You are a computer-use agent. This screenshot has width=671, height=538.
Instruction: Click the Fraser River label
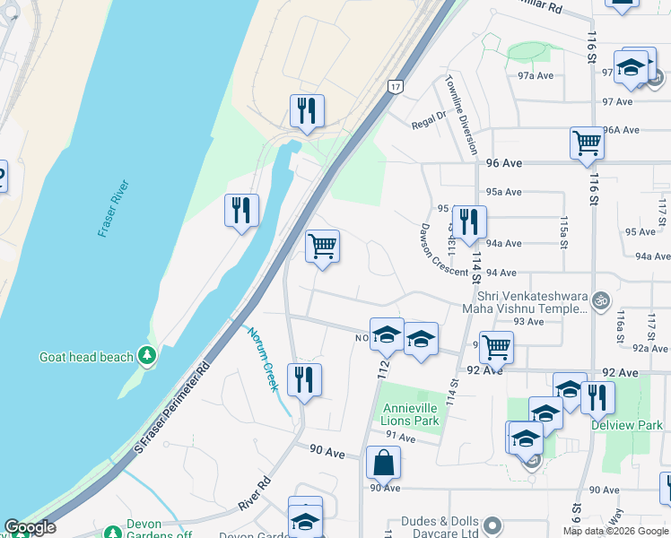[114, 208]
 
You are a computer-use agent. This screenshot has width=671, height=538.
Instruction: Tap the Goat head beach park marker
[147, 357]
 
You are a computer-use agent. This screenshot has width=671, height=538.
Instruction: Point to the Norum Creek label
[264, 358]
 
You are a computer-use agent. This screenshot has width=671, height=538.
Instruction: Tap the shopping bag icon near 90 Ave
[383, 463]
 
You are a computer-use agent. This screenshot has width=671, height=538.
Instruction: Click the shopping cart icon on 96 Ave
[586, 142]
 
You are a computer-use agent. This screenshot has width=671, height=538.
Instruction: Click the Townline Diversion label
[460, 115]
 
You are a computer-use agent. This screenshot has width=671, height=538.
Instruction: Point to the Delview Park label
[626, 425]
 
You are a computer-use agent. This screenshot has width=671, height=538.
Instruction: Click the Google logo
[30, 527]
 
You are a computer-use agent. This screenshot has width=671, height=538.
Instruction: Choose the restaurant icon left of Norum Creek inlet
[241, 210]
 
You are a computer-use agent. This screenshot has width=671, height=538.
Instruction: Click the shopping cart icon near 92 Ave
[495, 346]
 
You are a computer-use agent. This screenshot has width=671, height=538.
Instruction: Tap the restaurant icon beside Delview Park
[597, 395]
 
